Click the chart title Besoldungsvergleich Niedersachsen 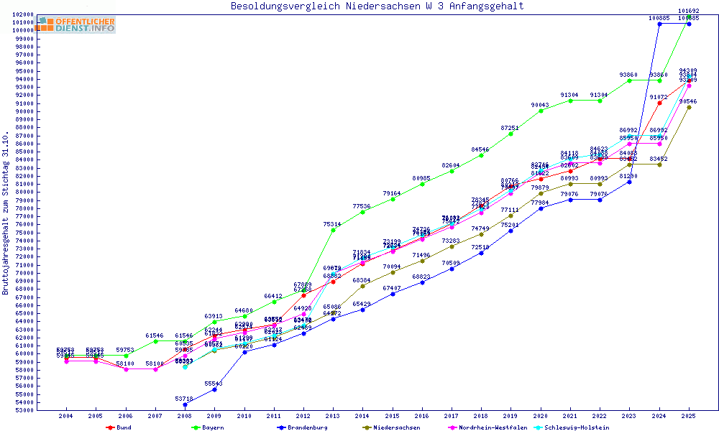point(377,6)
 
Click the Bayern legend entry point(212,427)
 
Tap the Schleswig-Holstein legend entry point(572,427)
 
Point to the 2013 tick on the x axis point(333,416)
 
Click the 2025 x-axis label point(689,416)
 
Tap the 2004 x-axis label point(66,416)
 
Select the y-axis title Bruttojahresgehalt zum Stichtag point(6,213)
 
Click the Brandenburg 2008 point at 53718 point(185,404)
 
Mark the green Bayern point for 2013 point(333,230)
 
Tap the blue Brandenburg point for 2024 point(659,24)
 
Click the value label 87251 point(510,128)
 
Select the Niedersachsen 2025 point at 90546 point(689,107)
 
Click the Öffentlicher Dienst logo point(77,25)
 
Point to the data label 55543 point(214,384)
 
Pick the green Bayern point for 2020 point(541,111)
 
